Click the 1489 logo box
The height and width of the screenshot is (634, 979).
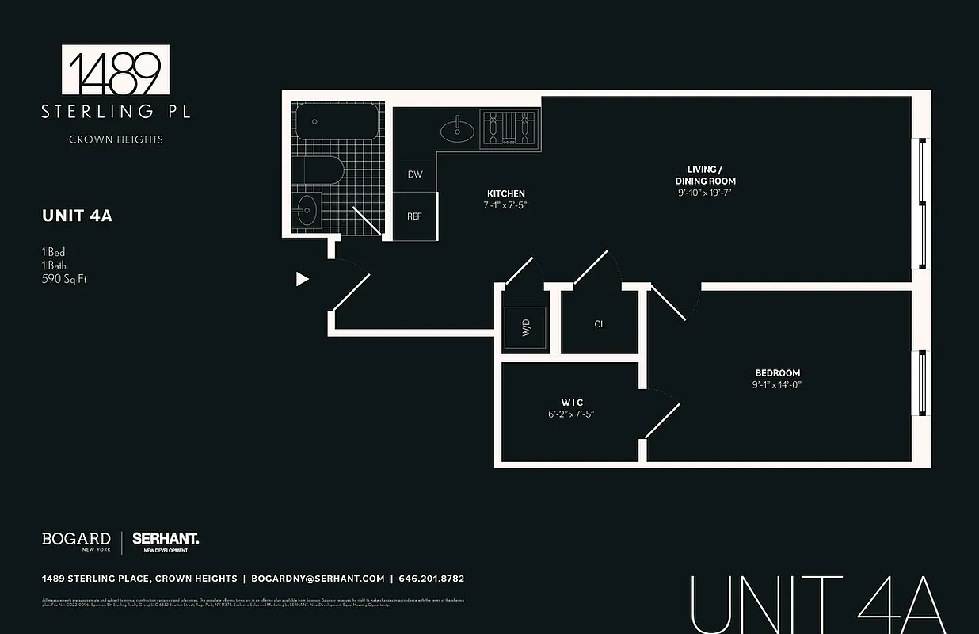point(116,70)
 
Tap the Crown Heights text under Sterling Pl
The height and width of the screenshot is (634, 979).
point(116,139)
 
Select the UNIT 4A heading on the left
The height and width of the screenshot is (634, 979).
point(77,216)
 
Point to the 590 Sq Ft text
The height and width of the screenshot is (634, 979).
point(63,279)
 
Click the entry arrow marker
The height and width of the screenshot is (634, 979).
point(302,278)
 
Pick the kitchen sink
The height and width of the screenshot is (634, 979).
point(457,129)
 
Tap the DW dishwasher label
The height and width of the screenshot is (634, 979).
point(415,174)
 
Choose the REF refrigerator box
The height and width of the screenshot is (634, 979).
point(415,216)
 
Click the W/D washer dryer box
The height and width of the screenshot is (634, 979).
point(525,327)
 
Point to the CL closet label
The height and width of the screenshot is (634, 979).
point(600,324)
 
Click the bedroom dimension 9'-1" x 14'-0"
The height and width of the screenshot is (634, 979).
point(777,385)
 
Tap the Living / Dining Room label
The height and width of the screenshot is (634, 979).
point(705,175)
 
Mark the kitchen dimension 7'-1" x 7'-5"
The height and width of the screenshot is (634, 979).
point(505,204)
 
